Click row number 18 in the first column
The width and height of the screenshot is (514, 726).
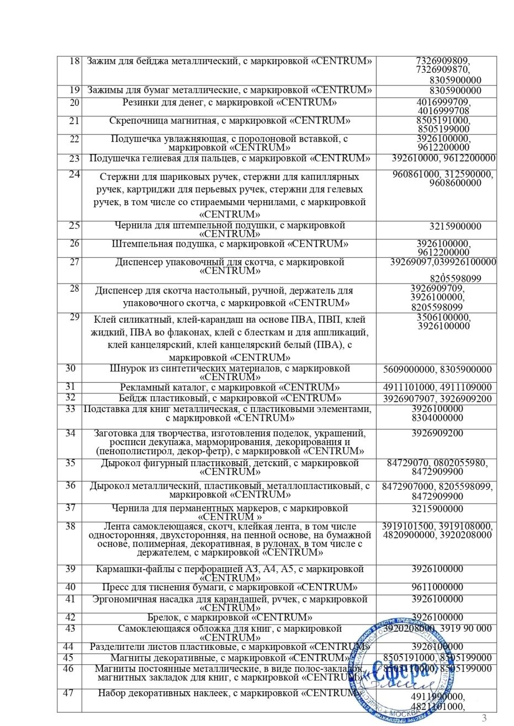75,61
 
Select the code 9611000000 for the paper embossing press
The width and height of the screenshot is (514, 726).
437,587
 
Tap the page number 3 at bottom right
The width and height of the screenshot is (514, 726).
485,718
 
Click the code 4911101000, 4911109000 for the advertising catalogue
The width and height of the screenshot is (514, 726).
437,387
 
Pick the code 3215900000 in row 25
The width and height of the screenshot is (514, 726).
455,226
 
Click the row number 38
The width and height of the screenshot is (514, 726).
70,526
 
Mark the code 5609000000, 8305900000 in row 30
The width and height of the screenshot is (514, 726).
437,369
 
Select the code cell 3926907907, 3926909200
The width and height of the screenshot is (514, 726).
437,398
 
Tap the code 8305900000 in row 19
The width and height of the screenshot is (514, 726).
455,90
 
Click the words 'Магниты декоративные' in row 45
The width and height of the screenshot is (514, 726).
158,658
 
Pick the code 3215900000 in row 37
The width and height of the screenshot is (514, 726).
437,509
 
